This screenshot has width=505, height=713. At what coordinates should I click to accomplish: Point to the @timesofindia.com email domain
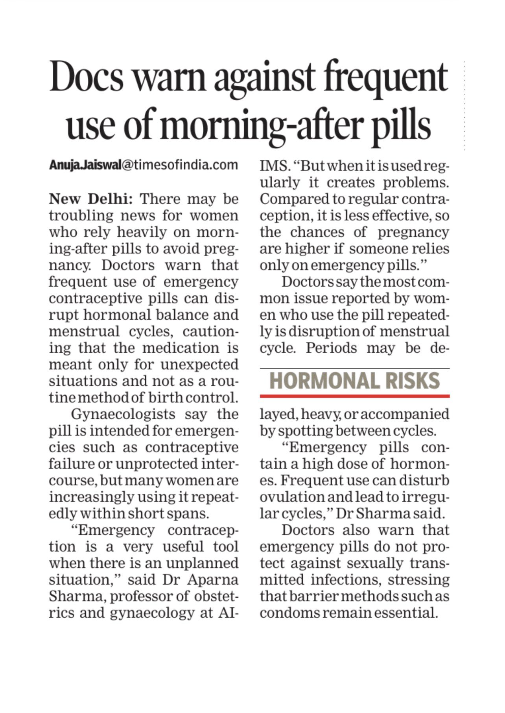tap(180, 165)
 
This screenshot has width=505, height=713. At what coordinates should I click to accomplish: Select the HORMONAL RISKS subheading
tap(354, 381)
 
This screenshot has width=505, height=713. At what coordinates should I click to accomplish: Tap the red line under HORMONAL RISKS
tap(354, 396)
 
